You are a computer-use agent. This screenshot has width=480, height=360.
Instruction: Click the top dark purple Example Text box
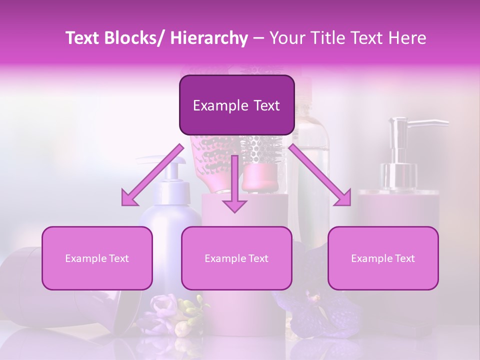[236, 105]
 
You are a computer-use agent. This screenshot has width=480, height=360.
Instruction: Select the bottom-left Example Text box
[97, 258]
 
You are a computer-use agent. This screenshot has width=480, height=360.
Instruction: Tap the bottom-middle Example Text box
[236, 258]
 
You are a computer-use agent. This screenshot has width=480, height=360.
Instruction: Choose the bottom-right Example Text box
[383, 258]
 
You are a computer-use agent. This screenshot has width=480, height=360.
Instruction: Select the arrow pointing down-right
[320, 175]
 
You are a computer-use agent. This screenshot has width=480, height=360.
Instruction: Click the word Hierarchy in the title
[208, 38]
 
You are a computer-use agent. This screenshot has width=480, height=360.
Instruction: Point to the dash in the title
[258, 38]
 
